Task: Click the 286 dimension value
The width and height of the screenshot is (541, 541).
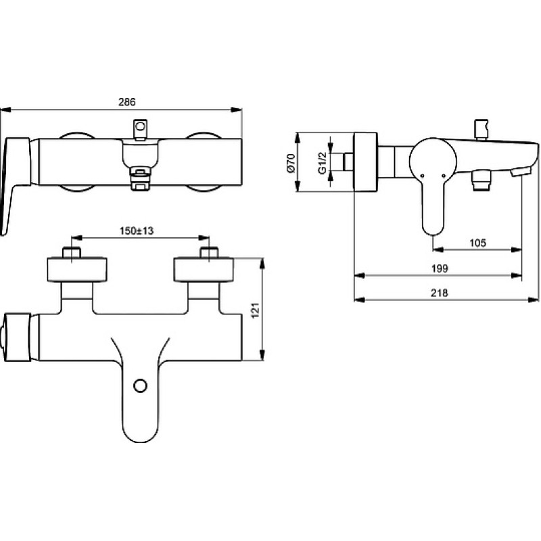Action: click(127, 102)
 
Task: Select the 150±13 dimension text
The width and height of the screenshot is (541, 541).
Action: click(137, 231)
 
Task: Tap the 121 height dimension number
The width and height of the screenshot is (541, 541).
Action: click(255, 310)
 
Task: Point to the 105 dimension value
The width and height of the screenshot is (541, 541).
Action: click(478, 243)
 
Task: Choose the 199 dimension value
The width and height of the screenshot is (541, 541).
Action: click(440, 268)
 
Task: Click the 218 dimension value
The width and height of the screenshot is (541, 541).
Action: click(439, 293)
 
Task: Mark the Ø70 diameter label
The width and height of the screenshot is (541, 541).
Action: click(291, 163)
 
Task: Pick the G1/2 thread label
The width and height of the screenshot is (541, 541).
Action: click(322, 163)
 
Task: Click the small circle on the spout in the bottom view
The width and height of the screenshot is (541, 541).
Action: click(141, 386)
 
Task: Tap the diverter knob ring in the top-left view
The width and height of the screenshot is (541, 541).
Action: click(140, 126)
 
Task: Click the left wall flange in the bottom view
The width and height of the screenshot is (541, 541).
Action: click(77, 269)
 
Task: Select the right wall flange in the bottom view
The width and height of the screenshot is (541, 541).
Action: click(204, 269)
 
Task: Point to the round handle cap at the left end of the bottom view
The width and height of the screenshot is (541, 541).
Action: click(16, 337)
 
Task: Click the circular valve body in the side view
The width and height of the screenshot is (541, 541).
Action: click(433, 162)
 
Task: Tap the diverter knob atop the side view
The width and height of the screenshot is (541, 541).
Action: click(481, 129)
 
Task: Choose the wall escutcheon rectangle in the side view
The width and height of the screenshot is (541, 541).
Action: click(365, 162)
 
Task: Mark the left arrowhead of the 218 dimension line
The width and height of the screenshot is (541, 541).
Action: click(360, 300)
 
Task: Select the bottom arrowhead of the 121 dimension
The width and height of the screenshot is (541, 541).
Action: click(262, 355)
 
